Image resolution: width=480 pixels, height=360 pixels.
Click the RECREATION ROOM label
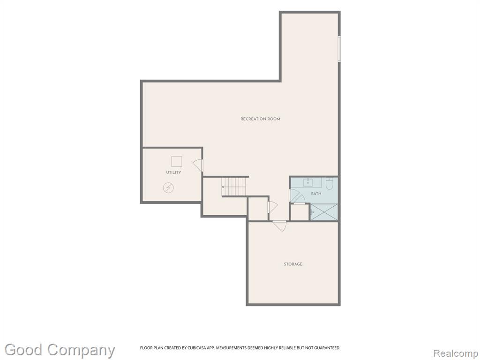click(x=260, y=119)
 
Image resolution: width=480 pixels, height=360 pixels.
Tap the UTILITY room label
click(x=173, y=172)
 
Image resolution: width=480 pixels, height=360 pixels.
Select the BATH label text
click(x=316, y=194)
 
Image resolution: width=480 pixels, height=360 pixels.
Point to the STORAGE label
click(x=293, y=264)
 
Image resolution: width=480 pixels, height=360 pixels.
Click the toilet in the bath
click(x=330, y=183)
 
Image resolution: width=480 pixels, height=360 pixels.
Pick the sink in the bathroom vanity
click(x=308, y=182)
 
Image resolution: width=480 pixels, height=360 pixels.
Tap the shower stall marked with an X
click(x=324, y=212)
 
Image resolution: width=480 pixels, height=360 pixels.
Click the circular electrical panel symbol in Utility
click(x=168, y=187)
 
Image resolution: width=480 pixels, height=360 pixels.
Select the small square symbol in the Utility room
click(x=177, y=161)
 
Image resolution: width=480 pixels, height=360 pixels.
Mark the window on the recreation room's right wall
click(x=339, y=49)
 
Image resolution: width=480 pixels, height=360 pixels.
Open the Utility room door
click(x=198, y=165)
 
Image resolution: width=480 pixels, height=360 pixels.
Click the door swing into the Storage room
click(x=280, y=226)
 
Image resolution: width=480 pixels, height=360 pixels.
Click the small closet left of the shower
click(x=300, y=212)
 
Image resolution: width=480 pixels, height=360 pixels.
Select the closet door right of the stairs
click(x=272, y=207)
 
